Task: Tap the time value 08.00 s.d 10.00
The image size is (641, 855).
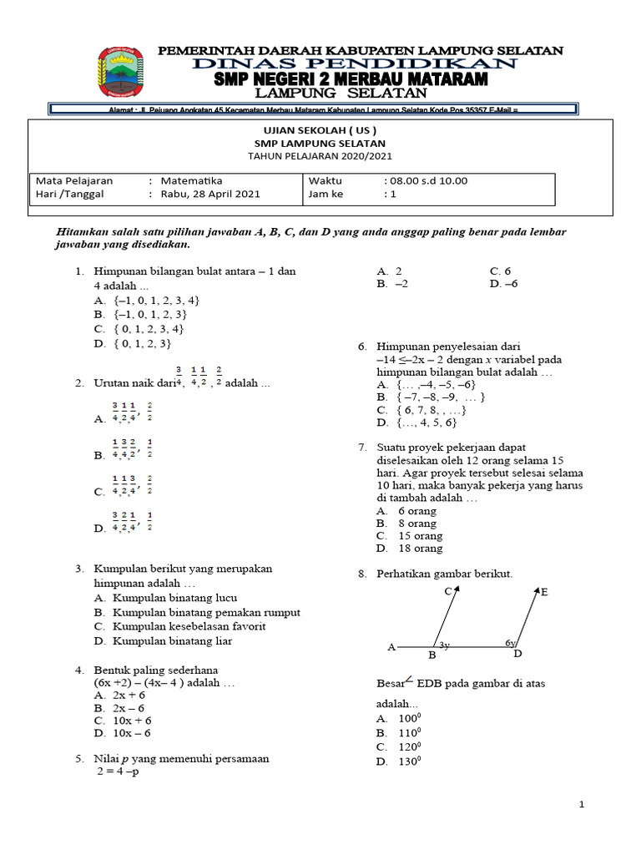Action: [x=426, y=180]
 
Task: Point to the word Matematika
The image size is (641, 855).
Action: [x=191, y=180]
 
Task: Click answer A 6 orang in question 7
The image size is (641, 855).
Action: [x=416, y=511]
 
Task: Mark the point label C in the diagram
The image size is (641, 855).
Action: [x=448, y=591]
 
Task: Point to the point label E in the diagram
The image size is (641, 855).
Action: [x=544, y=592]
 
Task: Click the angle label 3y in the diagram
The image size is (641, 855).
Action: [x=444, y=645]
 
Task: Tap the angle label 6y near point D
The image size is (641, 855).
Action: [x=511, y=643]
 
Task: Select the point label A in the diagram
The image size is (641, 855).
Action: [x=391, y=647]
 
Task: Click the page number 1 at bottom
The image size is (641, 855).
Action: [x=583, y=804]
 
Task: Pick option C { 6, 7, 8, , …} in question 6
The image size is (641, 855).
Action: [x=421, y=410]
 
